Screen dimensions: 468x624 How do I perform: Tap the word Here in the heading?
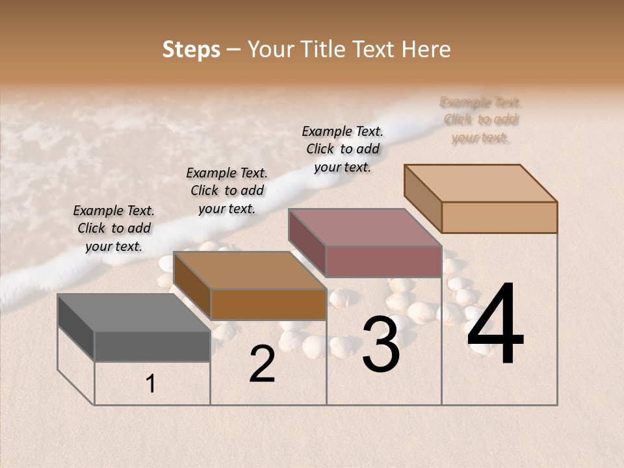[x=426, y=49]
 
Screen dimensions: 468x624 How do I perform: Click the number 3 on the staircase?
[x=381, y=344]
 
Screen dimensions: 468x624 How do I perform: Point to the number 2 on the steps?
[x=262, y=364]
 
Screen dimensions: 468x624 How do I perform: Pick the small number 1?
[x=151, y=383]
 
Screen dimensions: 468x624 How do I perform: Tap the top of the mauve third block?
[x=365, y=227]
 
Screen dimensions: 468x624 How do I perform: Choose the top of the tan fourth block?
[x=480, y=183]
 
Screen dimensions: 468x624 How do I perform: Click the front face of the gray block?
[x=152, y=346]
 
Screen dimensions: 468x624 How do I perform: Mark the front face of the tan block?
[x=499, y=217]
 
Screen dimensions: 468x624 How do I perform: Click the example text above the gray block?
[x=114, y=228]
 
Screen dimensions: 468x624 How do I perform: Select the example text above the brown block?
[x=227, y=190]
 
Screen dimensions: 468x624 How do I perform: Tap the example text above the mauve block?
[x=343, y=149]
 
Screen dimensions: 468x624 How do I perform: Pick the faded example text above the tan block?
[x=480, y=120]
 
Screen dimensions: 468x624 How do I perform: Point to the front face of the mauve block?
[x=383, y=261]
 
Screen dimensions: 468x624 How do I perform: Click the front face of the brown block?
[x=268, y=304]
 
